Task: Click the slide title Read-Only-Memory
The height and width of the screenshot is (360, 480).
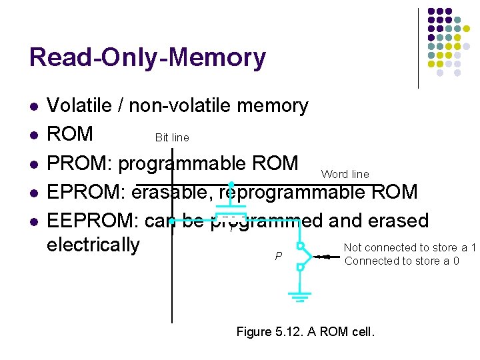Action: point(147,58)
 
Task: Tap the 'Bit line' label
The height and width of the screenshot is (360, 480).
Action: point(172,138)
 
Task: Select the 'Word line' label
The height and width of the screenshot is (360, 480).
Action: point(345,174)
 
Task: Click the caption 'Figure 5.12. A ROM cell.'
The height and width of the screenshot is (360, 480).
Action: point(306,331)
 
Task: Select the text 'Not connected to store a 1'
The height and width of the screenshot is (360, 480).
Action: point(409,248)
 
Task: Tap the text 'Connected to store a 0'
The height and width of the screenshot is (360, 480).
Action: point(401,261)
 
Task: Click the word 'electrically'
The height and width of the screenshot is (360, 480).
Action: point(93,245)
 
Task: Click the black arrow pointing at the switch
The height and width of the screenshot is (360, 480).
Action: point(325,255)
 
